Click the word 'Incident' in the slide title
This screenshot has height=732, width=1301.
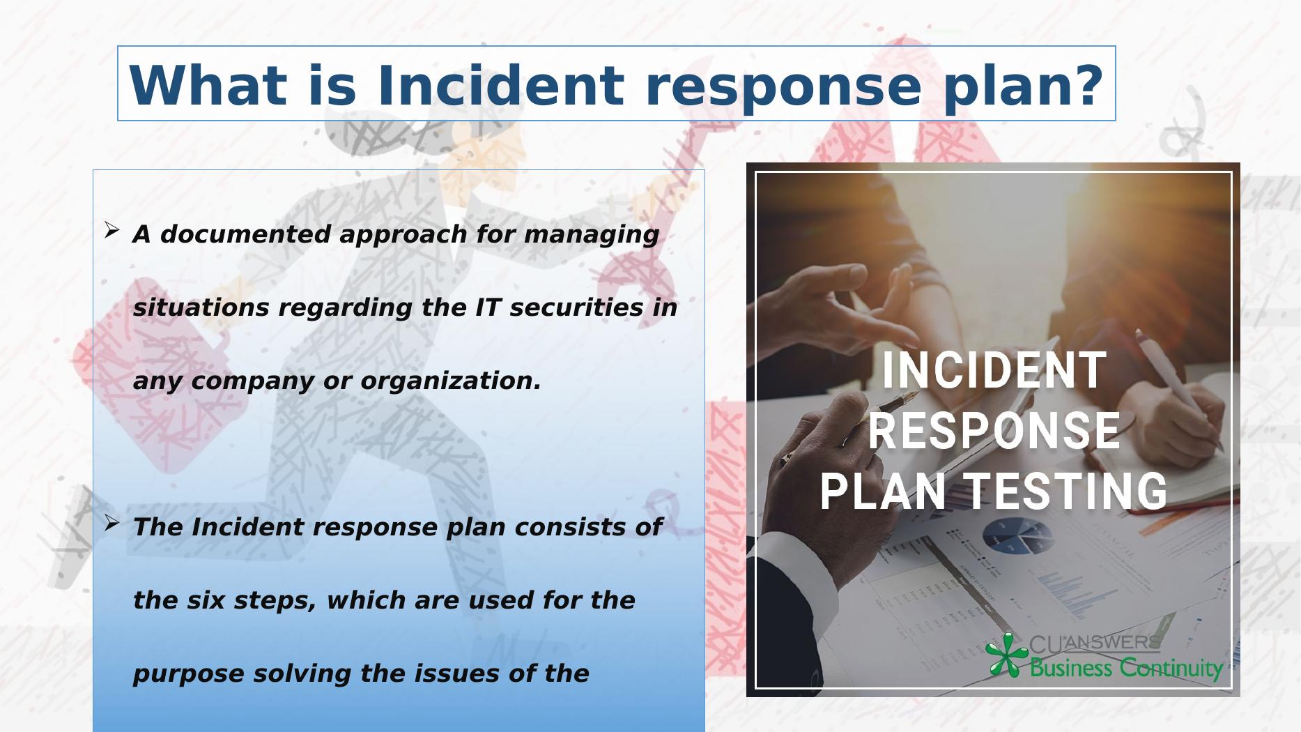point(500,85)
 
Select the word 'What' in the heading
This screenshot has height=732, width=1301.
point(207,85)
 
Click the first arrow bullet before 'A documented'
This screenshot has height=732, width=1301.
point(111,230)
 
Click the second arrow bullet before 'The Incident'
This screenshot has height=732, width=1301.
point(111,523)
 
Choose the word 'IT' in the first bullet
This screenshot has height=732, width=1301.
point(488,307)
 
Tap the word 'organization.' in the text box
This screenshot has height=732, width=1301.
point(450,381)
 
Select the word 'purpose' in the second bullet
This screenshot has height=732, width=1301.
point(188,674)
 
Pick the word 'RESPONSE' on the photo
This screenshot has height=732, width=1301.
point(994,431)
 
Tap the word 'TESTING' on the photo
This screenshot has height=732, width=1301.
point(1067,491)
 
